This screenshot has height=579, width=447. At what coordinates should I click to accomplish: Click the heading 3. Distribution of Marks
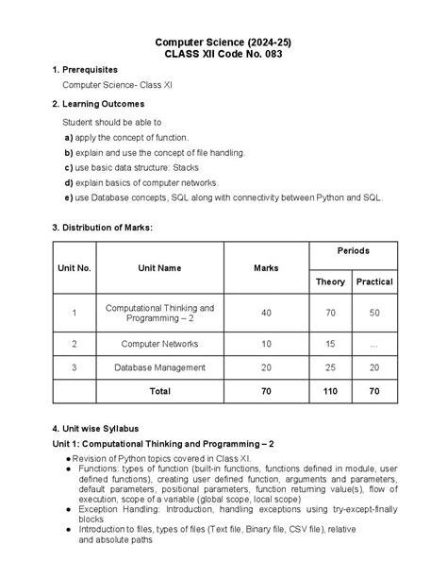[102, 228]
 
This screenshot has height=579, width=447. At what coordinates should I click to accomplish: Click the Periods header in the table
[354, 251]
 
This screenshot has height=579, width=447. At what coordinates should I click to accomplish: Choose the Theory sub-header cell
[330, 281]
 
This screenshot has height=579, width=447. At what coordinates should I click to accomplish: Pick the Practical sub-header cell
[374, 281]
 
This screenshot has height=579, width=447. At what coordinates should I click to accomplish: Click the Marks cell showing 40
[267, 313]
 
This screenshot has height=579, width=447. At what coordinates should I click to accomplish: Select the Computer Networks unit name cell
[159, 344]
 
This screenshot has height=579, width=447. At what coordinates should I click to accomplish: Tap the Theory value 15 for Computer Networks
[330, 344]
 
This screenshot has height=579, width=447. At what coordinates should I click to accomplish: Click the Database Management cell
[159, 366]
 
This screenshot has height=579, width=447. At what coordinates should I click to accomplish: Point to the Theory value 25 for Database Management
[330, 366]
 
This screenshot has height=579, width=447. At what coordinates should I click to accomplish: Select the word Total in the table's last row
[160, 389]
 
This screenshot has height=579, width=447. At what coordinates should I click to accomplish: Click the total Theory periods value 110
[330, 389]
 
